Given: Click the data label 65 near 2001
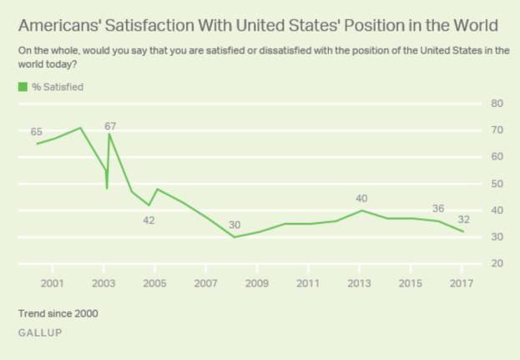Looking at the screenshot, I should pos(37,132).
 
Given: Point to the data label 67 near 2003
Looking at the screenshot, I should pos(110,126).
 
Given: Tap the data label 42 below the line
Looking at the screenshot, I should pos(149,221).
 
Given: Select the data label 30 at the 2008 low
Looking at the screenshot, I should pos(235,225).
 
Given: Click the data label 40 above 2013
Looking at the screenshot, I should pos(361,198).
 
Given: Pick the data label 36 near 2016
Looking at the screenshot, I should pos(438,208).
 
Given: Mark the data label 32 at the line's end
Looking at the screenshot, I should pos(464,219).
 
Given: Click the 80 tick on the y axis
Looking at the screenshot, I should pos(496,104).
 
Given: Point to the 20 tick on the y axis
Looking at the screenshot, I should pos(496,263).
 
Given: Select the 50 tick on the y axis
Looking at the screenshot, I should pos(496,184).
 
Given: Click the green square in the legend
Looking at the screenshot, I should pos(23,85).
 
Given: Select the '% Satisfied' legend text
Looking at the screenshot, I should pos(58,85).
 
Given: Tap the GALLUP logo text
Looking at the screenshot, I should pos(39,332).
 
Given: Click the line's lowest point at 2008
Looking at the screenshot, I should pos(234,237).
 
